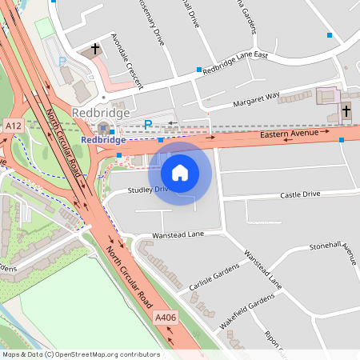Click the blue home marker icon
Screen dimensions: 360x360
[x=180, y=172]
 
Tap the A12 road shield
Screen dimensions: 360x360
[x=13, y=126]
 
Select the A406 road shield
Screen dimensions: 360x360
[x=165, y=318]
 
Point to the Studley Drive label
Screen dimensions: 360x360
[x=150, y=190]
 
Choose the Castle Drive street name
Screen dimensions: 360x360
[x=299, y=194]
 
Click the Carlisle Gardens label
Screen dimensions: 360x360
[x=214, y=278]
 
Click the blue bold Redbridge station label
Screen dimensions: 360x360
[x=103, y=140]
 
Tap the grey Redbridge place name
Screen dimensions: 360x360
[x=100, y=113]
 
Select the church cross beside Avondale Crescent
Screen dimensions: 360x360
[x=96, y=50]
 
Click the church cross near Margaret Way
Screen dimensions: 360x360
[x=346, y=110]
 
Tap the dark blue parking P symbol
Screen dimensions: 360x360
[x=148, y=124]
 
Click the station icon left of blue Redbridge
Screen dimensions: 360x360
[x=102, y=128]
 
